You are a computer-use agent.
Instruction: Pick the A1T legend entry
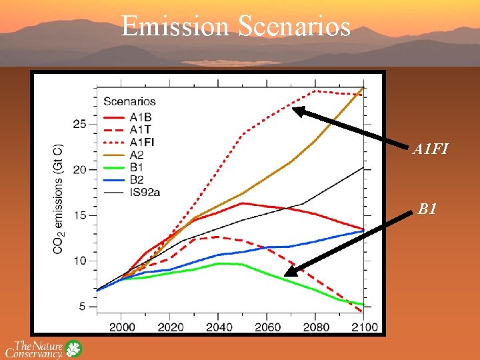click(x=139, y=128)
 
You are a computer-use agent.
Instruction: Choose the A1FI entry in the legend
click(x=141, y=141)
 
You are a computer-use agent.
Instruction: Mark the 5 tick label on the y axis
click(x=83, y=307)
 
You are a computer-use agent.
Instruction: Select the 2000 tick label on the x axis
click(x=121, y=327)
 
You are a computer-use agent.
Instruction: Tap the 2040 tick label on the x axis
click(x=219, y=327)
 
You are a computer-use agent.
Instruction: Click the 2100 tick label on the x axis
click(x=365, y=327)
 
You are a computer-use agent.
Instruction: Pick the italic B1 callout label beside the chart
click(x=427, y=210)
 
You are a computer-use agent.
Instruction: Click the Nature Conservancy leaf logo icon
click(x=73, y=349)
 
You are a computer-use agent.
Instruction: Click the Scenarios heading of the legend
click(x=129, y=101)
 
